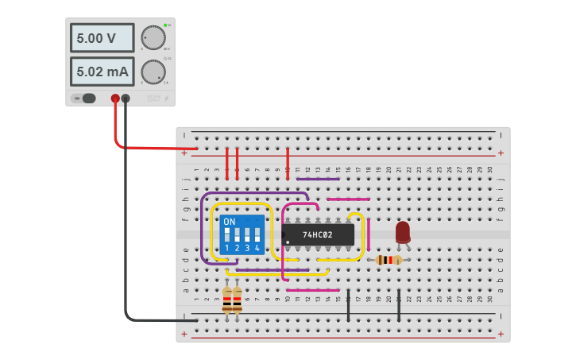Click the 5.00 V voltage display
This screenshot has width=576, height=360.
coord(102,38)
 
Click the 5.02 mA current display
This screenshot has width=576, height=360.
coord(102,72)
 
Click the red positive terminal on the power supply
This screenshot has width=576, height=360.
coord(115,99)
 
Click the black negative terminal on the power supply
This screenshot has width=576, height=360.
coord(126,99)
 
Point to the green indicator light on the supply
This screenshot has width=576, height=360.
coord(165,25)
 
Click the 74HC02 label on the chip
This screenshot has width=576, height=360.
coord(317,235)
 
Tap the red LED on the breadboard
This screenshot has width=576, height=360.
coord(403,231)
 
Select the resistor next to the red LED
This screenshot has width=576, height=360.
coord(388,260)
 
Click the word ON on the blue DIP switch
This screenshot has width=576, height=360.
coord(230,221)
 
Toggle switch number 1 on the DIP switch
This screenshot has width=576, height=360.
coord(227,235)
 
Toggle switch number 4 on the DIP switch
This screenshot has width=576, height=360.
coord(257,235)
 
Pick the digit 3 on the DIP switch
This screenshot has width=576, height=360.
coord(247,249)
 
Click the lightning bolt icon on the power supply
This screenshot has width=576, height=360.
coord(165,99)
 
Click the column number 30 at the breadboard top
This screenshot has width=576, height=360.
coord(490,169)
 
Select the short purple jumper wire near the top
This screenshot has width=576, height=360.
coord(312,179)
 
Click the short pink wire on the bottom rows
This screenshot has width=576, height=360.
coord(312,290)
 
